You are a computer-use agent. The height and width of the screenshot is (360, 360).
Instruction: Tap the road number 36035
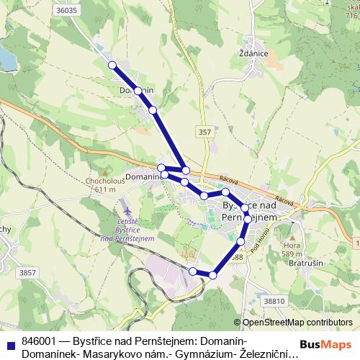(x=66, y=11)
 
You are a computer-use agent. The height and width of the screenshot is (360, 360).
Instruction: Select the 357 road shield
(x=205, y=132)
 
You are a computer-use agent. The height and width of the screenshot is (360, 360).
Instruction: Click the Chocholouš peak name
(x=104, y=181)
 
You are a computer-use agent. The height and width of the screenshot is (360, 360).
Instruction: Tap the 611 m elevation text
(x=105, y=189)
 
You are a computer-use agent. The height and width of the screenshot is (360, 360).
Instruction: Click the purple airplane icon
(x=127, y=209)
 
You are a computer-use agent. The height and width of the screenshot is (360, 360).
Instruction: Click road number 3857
(x=28, y=272)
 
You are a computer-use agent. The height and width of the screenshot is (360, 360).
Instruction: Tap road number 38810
(x=275, y=301)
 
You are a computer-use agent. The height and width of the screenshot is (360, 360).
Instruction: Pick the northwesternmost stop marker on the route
(x=112, y=66)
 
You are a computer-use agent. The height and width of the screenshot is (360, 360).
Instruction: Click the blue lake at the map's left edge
(x=6, y=58)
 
